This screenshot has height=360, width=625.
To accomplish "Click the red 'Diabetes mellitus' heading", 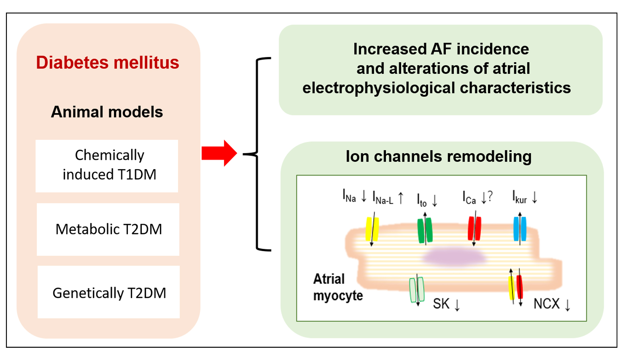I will coord(107,63).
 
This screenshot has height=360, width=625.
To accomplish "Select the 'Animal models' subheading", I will coord(107,112).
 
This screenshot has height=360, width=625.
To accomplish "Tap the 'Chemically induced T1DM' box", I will coord(107,165).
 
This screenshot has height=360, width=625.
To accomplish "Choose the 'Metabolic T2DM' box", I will coord(108,229).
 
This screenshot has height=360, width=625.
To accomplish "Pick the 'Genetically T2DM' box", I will coord(109,292).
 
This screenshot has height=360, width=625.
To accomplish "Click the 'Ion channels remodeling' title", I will coord(438,157).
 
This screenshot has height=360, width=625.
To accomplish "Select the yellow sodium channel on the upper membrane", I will coord(372,229).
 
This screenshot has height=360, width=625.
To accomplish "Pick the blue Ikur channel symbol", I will coord(520,229).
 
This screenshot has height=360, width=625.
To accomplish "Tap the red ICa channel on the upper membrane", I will coord(474,229).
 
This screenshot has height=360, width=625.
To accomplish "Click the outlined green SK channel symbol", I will coord(417,290).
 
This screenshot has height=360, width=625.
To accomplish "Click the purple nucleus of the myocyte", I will coord(455,256).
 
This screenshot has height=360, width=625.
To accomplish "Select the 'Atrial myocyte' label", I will coord(338,287).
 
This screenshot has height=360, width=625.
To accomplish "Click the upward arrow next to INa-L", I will coord(401,198).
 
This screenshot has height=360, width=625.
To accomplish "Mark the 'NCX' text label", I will coord(546,304).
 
